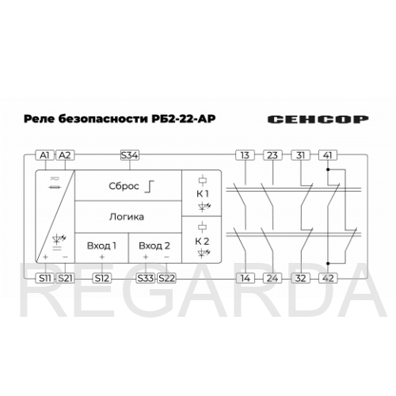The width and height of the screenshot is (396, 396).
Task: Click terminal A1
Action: click(44, 155)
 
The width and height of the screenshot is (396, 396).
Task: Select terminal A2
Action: click(65, 155)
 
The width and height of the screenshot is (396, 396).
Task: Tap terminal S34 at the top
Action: click(130, 155)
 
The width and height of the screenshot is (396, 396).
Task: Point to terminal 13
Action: click(245, 155)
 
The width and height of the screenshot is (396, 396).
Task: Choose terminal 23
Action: click(272, 155)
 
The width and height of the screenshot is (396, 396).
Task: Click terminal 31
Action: click(301, 155)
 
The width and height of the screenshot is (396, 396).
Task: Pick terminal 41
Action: click(328, 155)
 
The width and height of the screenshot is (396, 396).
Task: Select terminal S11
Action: click(45, 278)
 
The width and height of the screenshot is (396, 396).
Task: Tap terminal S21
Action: click(65, 278)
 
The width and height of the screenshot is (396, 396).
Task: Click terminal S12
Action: click(102, 278)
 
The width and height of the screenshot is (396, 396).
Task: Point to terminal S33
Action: click(146, 278)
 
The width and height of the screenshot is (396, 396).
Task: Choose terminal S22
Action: click(166, 278)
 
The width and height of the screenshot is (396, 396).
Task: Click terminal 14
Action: click(246, 278)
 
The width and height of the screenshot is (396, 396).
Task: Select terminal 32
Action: click(301, 278)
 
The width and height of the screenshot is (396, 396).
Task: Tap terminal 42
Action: click(328, 278)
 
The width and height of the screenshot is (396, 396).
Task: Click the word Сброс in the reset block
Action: click(124, 186)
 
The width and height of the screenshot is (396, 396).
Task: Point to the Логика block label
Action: click(127, 217)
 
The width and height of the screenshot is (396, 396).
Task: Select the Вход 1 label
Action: click(101, 246)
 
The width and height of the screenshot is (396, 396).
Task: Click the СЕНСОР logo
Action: click(318, 120)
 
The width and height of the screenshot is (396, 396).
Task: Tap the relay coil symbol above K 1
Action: click(203, 181)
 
